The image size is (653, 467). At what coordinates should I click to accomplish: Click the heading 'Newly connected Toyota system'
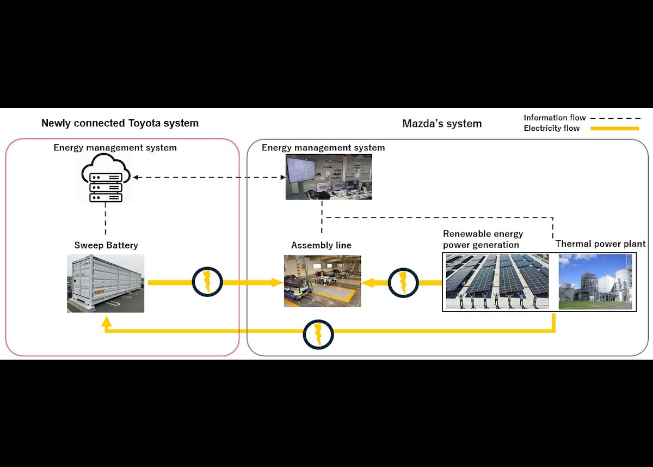point(120,123)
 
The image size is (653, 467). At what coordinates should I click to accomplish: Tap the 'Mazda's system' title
point(441,124)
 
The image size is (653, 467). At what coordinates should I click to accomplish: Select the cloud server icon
point(106,178)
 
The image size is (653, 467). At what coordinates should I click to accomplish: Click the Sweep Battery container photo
point(106,283)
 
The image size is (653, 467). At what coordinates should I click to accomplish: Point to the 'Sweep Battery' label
point(107,245)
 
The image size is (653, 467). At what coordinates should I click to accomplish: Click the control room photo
point(329,177)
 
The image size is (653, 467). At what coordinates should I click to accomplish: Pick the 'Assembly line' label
point(321,245)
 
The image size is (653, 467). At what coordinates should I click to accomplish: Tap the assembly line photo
point(322,281)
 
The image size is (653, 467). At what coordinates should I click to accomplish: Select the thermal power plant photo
point(595,282)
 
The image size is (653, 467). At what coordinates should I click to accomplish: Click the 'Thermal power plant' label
point(600,244)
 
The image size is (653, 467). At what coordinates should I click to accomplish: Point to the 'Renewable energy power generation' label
point(483,239)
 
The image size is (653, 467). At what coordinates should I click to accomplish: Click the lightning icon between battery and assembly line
point(207,282)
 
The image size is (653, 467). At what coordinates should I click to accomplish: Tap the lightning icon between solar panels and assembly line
point(403,282)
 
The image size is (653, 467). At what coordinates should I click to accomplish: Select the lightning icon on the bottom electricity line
point(318,335)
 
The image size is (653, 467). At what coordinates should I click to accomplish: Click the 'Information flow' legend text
point(555,118)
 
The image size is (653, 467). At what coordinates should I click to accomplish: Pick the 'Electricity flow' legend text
point(551,129)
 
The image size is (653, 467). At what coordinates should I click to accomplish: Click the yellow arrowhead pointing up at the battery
point(107,323)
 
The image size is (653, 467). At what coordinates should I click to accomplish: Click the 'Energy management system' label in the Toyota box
point(115,148)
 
